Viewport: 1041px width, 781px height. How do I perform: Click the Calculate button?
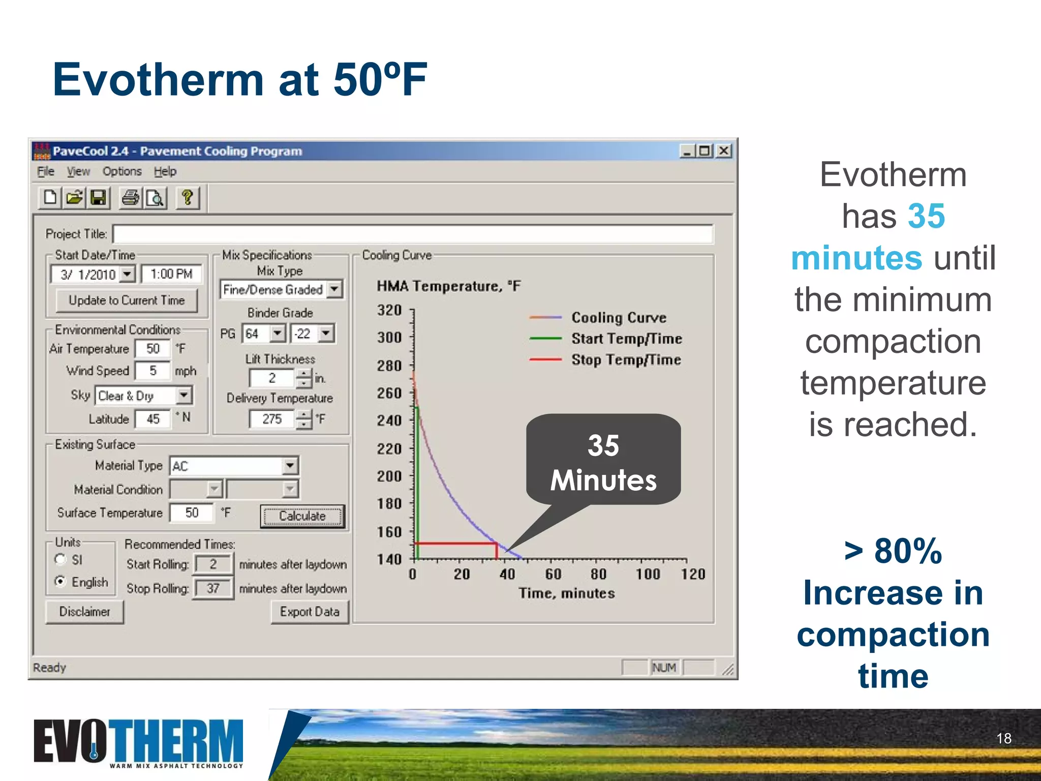point(302,516)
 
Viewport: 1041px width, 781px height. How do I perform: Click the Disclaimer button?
point(84,612)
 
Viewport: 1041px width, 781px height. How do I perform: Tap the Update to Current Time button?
point(127,301)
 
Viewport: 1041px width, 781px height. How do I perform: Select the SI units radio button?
point(60,559)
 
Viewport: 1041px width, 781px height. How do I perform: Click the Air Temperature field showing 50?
point(153,349)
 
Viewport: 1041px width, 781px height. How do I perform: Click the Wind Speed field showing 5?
point(153,371)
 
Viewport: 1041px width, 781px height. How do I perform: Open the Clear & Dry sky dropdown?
point(184,395)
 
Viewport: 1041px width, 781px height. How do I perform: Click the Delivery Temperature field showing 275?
point(272,419)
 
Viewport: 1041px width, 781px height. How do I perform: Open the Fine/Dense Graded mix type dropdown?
point(334,289)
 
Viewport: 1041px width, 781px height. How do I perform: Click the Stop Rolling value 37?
point(213,588)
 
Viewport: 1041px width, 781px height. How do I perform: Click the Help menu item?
point(165,171)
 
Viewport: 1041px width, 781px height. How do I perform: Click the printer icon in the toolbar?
point(130,197)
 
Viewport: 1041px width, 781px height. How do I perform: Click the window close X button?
point(724,151)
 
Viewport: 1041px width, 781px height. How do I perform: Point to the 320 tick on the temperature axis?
point(389,310)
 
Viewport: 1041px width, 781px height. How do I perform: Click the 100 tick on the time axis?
point(648,574)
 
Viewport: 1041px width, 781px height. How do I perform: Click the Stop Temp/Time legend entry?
point(626,359)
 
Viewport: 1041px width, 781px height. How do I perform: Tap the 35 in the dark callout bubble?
point(603,445)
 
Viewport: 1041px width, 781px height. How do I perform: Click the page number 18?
point(1003,738)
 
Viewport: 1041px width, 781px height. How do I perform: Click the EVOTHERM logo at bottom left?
point(138,742)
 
